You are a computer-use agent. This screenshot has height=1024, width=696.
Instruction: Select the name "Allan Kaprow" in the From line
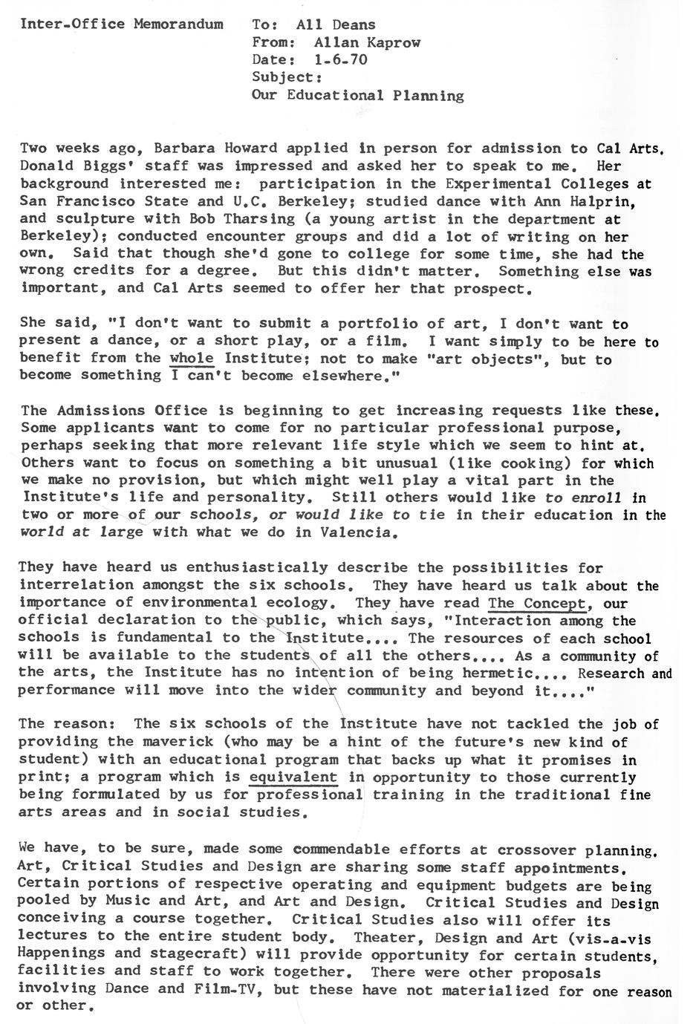(367, 42)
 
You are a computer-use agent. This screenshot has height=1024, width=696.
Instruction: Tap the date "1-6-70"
(340, 60)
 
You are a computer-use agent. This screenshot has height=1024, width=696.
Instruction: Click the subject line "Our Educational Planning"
(358, 96)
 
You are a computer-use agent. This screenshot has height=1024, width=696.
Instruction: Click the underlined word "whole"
(192, 359)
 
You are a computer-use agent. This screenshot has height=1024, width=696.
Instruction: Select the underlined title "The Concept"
(537, 603)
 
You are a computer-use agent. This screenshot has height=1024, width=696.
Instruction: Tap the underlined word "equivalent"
(293, 777)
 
